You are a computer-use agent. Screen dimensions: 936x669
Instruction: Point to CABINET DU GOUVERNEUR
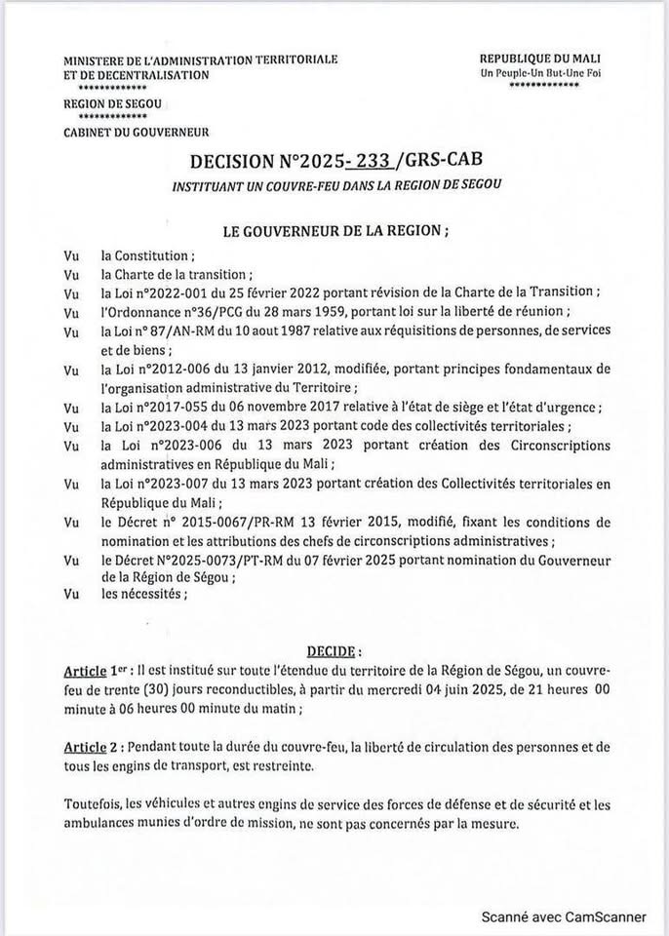(136, 133)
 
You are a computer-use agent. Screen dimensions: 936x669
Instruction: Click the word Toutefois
(92, 805)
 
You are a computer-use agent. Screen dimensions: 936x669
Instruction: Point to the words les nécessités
(141, 593)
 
